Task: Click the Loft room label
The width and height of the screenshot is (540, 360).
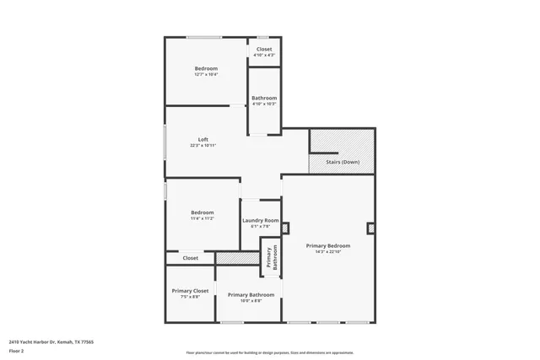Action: [x=203, y=139]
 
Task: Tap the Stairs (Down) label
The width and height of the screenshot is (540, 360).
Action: [x=343, y=161]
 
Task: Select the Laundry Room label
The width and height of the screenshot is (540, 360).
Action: [x=261, y=220]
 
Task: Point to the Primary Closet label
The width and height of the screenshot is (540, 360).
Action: [x=190, y=290]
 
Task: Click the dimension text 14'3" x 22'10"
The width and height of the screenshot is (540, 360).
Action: [x=327, y=251]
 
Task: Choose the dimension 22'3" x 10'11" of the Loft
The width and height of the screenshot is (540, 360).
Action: [x=203, y=145]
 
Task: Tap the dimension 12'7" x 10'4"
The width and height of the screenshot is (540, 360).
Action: [x=206, y=74]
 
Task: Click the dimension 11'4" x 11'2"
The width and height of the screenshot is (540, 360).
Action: [x=202, y=218]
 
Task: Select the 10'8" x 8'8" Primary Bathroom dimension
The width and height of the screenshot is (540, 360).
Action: [x=251, y=300]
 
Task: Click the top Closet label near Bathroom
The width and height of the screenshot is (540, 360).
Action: [x=264, y=49]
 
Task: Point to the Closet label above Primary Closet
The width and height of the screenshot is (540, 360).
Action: [x=191, y=258]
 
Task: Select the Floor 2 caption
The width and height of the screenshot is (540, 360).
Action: [x=17, y=350]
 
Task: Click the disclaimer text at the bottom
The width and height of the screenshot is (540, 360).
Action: [x=270, y=353]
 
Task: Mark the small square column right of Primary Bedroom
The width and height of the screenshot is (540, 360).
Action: [x=370, y=228]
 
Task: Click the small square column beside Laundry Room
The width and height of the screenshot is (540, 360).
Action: [x=285, y=227]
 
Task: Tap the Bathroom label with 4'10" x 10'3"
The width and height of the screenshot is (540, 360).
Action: [x=264, y=98]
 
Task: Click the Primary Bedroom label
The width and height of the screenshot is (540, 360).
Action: [x=327, y=245]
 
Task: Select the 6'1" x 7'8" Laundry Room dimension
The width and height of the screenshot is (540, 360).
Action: [x=261, y=226]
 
